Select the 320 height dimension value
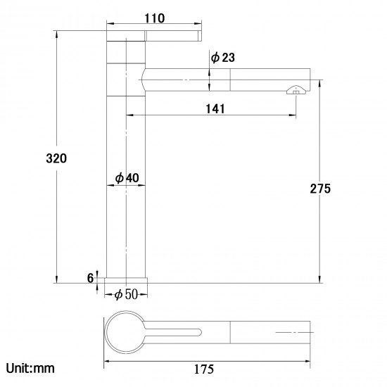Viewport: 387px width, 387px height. [x=56, y=158]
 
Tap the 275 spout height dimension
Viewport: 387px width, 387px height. [x=319, y=188]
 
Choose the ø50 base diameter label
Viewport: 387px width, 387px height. [x=127, y=293]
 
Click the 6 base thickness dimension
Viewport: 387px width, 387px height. [x=90, y=278]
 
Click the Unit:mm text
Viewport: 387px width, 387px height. [x=30, y=368]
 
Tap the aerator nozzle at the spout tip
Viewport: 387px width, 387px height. [x=296, y=89]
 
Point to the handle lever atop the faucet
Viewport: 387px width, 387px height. [x=155, y=36]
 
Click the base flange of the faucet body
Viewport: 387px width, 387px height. [x=127, y=279]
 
